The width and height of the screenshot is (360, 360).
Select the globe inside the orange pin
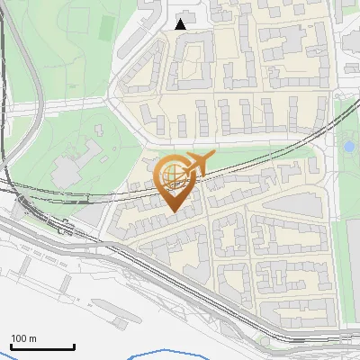171,174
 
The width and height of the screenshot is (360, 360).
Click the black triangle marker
181,24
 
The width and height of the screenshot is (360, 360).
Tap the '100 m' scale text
23,338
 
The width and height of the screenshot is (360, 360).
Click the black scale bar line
41,346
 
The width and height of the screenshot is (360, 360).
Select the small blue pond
349,146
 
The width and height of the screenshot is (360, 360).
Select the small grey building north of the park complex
98,129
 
